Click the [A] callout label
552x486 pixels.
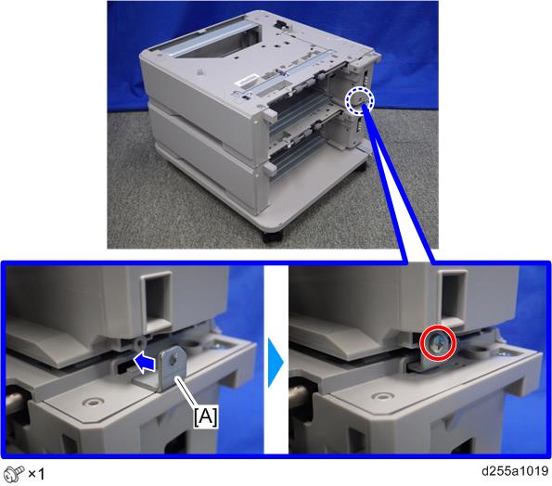pyautogui.click(x=206, y=417)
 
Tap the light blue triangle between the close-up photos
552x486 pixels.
pyautogui.click(x=276, y=363)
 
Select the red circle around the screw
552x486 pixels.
pyautogui.click(x=438, y=342)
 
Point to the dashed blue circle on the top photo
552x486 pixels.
pyautogui.click(x=359, y=101)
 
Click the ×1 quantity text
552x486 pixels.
pyautogui.click(x=36, y=474)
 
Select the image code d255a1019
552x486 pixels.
pyautogui.click(x=515, y=471)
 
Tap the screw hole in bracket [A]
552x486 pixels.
pyautogui.click(x=173, y=361)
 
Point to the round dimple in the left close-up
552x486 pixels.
pyautogui.click(x=92, y=402)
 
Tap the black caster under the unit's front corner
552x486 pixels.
pyautogui.click(x=272, y=237)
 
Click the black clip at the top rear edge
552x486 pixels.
pyautogui.click(x=281, y=24)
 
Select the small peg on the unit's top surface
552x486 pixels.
pyautogui.click(x=199, y=70)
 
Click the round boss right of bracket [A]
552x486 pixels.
pyautogui.click(x=194, y=346)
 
